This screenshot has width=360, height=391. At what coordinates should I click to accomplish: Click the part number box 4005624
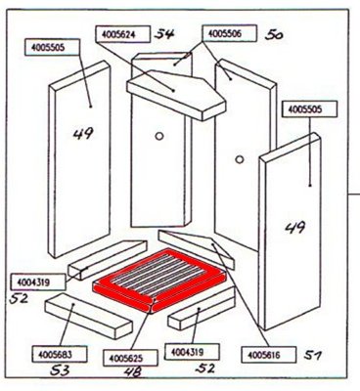tap(122, 34)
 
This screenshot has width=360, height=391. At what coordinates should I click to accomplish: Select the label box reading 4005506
tap(229, 33)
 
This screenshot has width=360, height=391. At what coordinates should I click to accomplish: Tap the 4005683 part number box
tap(60, 354)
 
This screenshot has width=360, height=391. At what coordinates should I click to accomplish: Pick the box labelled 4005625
tap(130, 358)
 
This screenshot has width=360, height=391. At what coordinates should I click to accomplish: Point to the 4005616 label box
tap(269, 355)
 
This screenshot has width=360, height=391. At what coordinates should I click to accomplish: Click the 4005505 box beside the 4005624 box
tap(52, 47)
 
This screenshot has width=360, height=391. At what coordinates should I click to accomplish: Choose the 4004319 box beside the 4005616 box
tap(192, 352)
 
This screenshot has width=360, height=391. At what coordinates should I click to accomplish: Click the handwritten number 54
tap(164, 33)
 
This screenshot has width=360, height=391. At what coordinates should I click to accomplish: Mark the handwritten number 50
tap(274, 34)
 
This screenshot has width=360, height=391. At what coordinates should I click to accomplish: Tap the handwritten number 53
tap(60, 370)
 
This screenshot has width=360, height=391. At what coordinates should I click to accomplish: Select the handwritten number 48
tap(133, 372)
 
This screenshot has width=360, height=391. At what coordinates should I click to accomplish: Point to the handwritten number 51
tap(312, 355)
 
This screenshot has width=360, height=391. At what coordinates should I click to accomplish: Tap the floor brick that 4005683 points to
tap(89, 316)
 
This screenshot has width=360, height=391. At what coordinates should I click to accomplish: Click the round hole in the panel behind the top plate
tap(159, 136)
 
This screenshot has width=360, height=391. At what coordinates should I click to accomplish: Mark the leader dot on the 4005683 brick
tap(73, 304)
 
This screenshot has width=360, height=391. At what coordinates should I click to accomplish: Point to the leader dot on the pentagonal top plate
tap(174, 91)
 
